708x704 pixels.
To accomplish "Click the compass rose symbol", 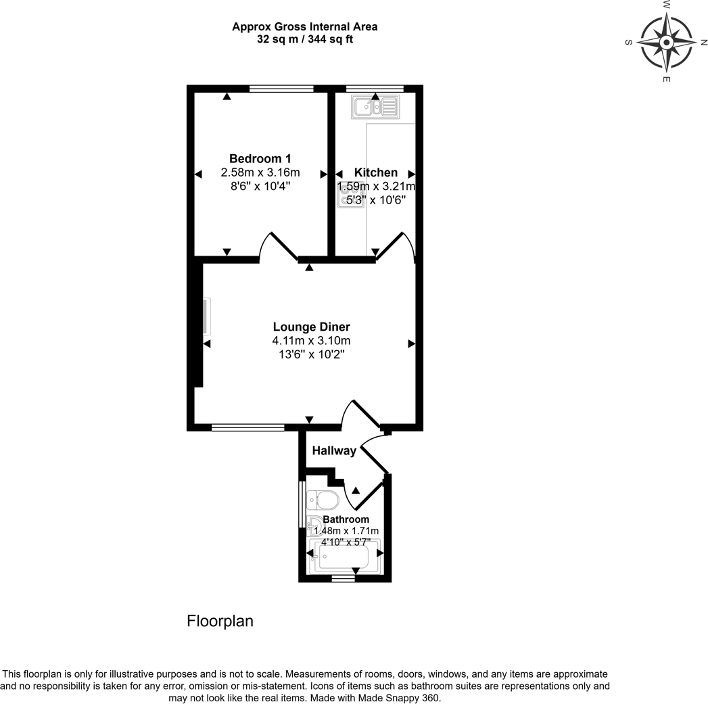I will coord(667,43).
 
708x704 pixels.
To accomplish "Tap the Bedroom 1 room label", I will coord(260,158).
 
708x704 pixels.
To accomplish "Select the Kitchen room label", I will coord(376,172).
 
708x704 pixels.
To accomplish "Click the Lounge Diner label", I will coord(311,327).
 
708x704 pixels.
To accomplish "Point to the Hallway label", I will coord(334,451).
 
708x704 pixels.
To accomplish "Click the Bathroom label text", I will coord(346,519).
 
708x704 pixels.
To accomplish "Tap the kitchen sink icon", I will coord(375,106).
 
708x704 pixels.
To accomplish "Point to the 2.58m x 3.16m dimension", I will coord(260,172).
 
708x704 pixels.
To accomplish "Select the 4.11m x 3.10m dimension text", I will coord(311,341).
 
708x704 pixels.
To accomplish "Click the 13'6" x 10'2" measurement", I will coord(311,354).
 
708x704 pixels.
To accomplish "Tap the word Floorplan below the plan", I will coord(220,621).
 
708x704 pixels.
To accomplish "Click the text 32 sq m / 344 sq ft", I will coord(304,39).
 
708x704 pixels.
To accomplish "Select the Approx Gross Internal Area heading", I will coord(304,27).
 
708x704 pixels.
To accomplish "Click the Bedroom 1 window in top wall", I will coord(281,89).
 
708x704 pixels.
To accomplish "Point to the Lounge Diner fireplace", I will coord(205,316).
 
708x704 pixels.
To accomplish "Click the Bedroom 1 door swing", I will coord(277,246).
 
